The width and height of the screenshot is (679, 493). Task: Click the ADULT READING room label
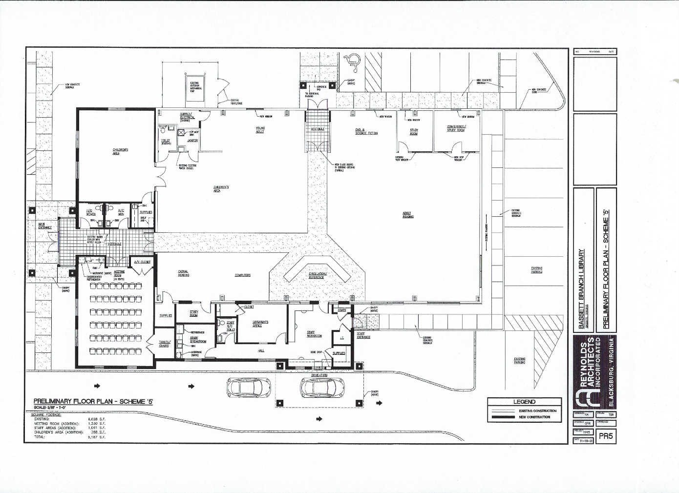pyautogui.click(x=408, y=215)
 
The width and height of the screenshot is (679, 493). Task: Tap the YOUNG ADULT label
pyautogui.click(x=260, y=130)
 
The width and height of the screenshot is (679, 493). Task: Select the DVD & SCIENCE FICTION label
pyautogui.click(x=366, y=131)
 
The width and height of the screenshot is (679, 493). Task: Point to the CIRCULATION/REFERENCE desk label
pyautogui.click(x=317, y=275)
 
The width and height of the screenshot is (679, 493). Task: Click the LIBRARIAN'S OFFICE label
pyautogui.click(x=260, y=324)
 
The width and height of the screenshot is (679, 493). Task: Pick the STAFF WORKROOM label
pyautogui.click(x=314, y=334)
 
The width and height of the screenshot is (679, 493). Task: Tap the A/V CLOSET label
pyautogui.click(x=143, y=262)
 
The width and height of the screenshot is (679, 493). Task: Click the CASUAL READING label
pyautogui.click(x=183, y=273)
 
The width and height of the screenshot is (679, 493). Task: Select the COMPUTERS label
pyautogui.click(x=242, y=275)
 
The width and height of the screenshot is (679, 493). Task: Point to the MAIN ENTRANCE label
pyautogui.click(x=45, y=226)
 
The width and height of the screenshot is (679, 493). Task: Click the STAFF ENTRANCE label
pyautogui.click(x=363, y=335)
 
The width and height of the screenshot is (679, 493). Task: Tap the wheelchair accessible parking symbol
pyautogui.click(x=350, y=61)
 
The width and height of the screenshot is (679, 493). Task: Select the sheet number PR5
pyautogui.click(x=605, y=436)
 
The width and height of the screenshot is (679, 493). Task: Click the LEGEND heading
pyautogui.click(x=524, y=402)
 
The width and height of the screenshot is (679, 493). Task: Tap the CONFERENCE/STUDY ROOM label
pyautogui.click(x=456, y=128)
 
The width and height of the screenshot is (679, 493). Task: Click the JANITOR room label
pyautogui.click(x=192, y=140)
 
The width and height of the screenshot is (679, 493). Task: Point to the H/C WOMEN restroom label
pyautogui.click(x=91, y=212)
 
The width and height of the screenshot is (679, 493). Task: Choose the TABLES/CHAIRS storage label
pyautogui.click(x=164, y=344)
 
